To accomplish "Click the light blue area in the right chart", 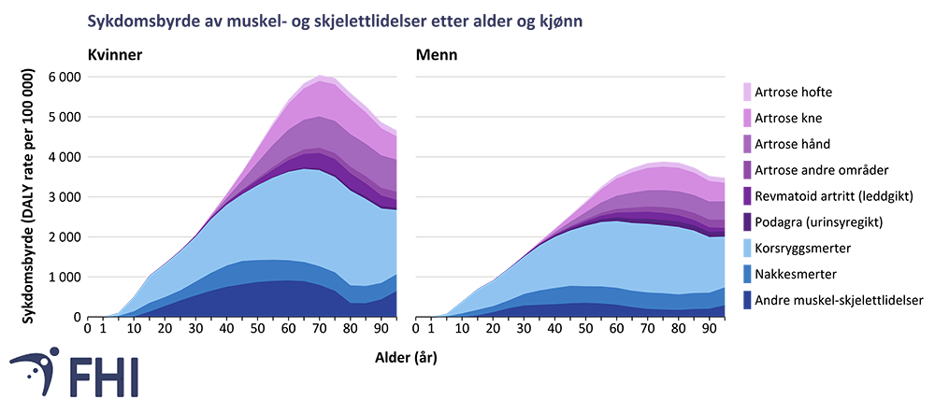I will point(608,252).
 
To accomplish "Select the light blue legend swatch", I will point(744,247).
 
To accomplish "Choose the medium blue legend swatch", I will point(744,273).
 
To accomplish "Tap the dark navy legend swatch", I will point(744,299).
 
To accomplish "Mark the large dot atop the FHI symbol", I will point(52,355).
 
